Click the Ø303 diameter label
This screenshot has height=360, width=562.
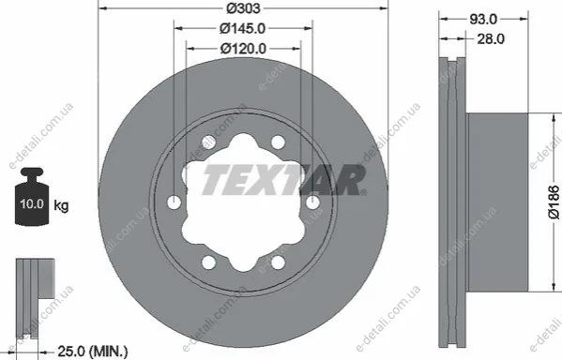coord(243,7)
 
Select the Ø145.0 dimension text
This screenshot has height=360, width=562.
coord(243,28)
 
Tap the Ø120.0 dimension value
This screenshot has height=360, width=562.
coord(243,49)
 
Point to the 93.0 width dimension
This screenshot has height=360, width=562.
coord(483,19)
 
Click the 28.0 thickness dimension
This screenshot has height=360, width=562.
coord(491,38)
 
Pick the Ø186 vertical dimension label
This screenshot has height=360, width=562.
coord(554,202)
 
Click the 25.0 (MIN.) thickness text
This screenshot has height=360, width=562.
coord(93,351)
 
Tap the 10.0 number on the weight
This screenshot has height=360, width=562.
coord(32,203)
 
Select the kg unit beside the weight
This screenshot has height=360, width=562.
coord(61,206)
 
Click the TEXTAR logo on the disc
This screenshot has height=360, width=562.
coord(284,180)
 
